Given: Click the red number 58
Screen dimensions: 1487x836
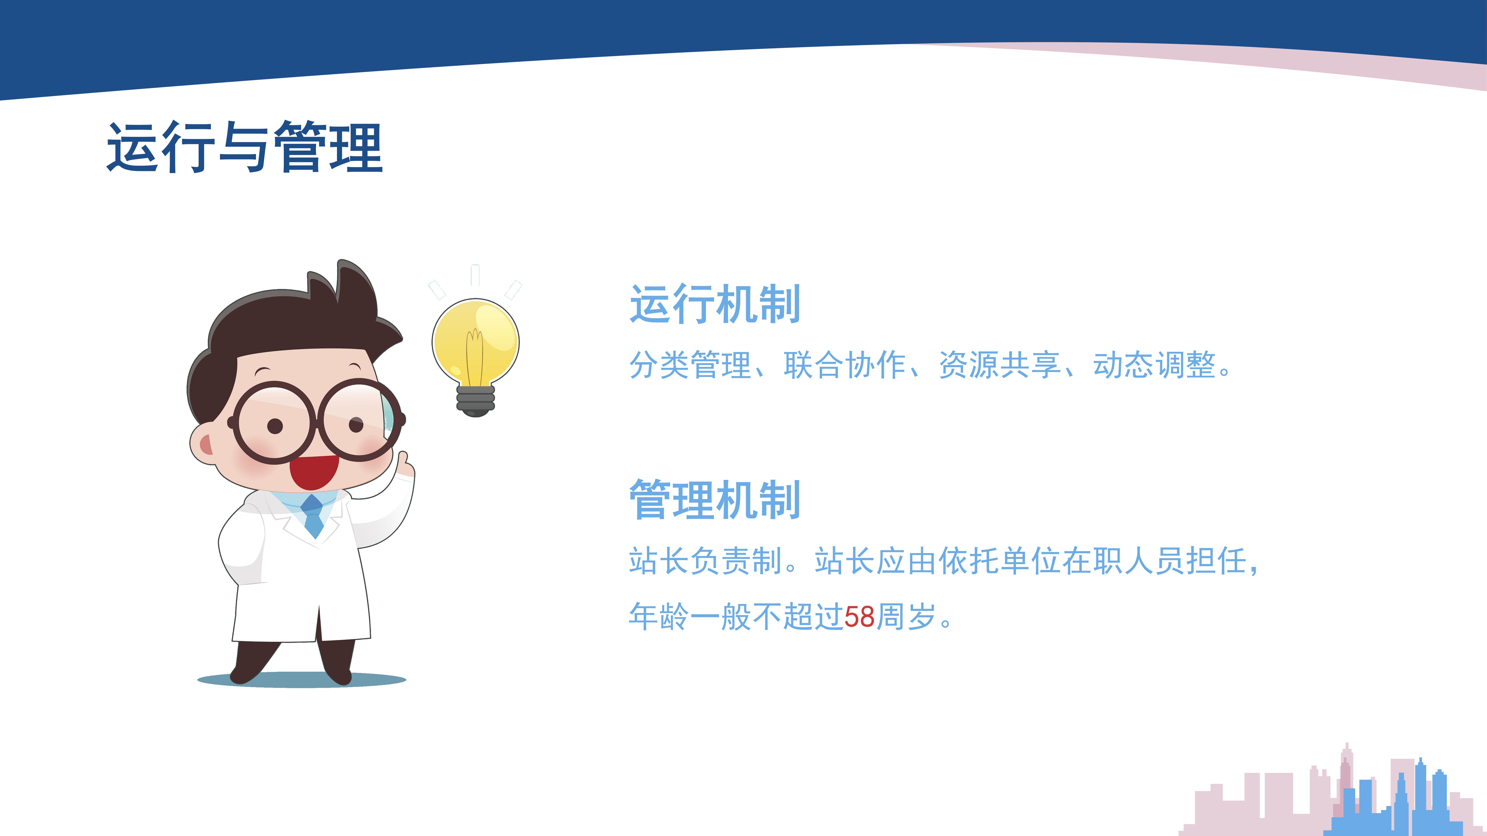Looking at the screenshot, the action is [x=859, y=617].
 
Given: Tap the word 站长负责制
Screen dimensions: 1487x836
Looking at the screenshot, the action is [x=705, y=561].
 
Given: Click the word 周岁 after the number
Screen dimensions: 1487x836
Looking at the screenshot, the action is [x=906, y=617].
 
